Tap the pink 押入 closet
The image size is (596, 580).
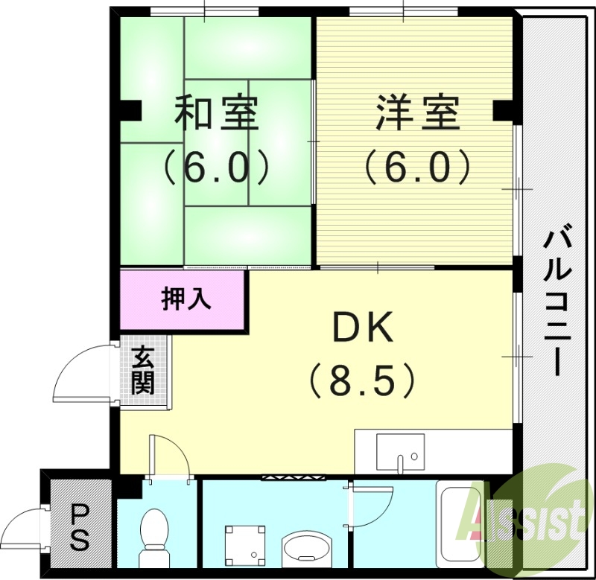point(183,299)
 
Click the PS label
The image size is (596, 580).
point(80,527)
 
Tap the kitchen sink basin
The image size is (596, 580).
point(400,452)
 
